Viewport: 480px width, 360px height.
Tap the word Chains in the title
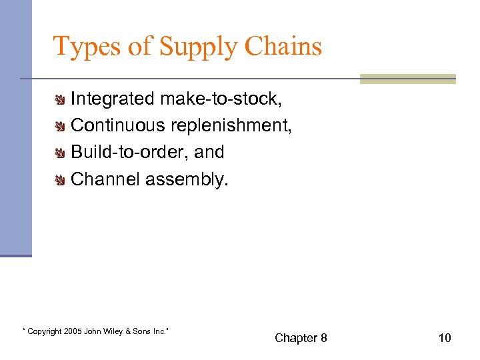283,47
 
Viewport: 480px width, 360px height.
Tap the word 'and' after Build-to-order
209,152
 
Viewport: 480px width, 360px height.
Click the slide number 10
444,338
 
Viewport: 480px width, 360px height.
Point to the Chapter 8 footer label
301,338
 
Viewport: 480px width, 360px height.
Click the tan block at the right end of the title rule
407,79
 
